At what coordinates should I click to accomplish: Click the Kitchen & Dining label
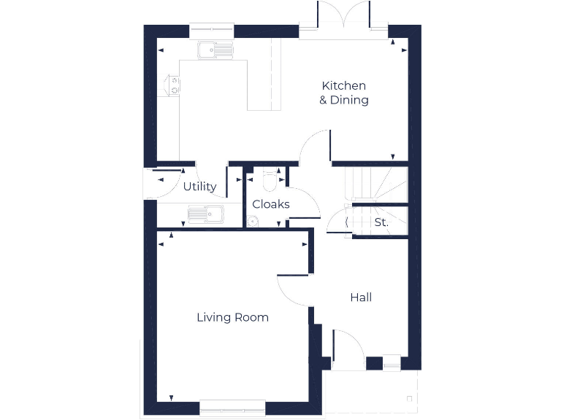click(x=343, y=93)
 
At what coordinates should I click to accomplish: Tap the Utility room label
click(x=199, y=187)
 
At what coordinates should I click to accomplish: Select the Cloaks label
click(x=271, y=204)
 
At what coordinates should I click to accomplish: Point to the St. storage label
click(x=381, y=222)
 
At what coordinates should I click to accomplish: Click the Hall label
click(x=361, y=297)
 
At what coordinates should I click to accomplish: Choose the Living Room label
click(x=232, y=317)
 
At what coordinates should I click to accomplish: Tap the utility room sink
click(x=207, y=214)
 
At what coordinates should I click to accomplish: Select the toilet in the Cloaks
click(x=269, y=181)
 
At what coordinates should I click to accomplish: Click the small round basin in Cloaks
click(x=253, y=222)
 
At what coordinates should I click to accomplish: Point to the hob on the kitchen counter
click(x=174, y=85)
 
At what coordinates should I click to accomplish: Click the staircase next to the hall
click(x=376, y=185)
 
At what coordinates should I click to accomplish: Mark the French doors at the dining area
click(x=343, y=18)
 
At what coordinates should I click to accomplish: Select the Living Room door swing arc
click(x=294, y=290)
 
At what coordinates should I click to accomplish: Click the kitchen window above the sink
click(x=212, y=30)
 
